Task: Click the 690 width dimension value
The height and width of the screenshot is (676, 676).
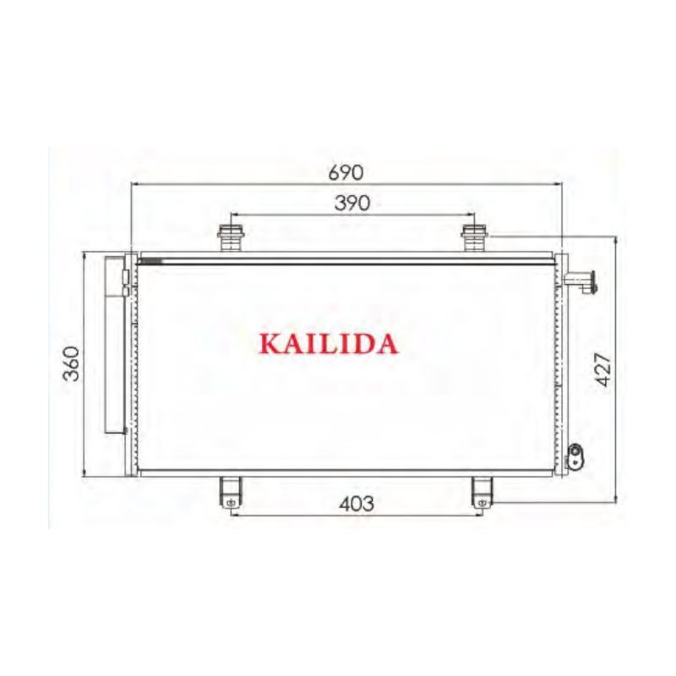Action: coord(346,172)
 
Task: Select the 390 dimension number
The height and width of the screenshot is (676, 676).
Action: coord(350,203)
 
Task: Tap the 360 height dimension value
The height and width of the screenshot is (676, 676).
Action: coord(72,363)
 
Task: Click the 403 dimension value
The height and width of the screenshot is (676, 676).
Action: coord(356,504)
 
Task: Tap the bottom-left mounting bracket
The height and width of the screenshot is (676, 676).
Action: coord(230,492)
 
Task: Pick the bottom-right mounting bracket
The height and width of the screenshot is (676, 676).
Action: coord(482,492)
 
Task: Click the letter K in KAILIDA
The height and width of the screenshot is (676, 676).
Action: coord(271,344)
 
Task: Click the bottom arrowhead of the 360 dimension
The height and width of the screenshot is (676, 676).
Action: coord(85,474)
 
